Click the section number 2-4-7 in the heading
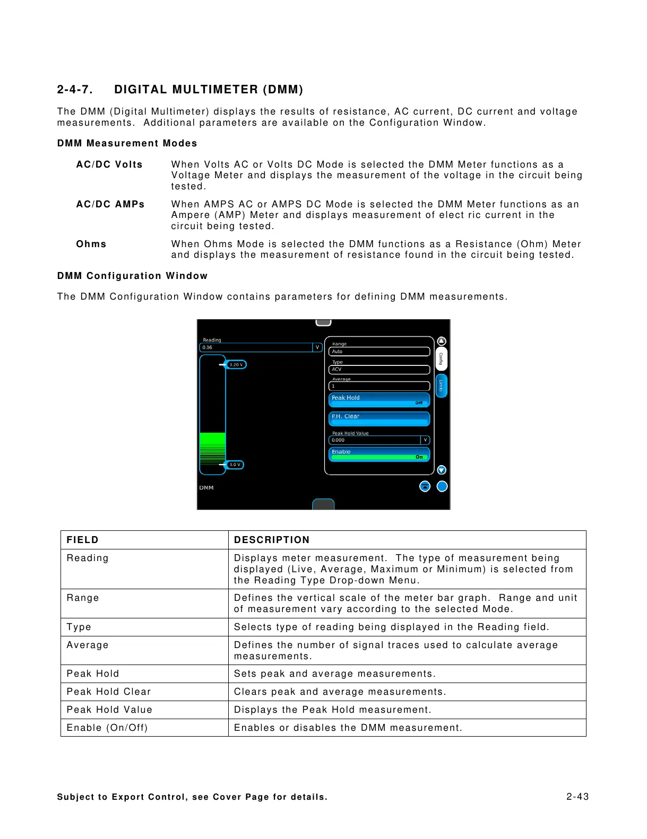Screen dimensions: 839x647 (75, 90)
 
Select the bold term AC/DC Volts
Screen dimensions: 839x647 (109, 164)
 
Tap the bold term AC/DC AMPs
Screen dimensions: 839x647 (110, 204)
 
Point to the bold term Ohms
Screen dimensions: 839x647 (91, 244)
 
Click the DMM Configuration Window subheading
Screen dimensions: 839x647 (132, 276)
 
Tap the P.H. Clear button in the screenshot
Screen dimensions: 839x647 (379, 418)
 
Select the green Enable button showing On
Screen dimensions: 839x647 (379, 455)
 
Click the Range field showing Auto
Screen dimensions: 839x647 (379, 352)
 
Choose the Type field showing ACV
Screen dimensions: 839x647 (379, 370)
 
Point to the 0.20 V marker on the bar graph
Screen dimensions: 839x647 (236, 365)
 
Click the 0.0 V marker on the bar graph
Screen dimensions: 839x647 (235, 465)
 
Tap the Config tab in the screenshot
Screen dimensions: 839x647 (441, 359)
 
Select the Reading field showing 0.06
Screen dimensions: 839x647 (256, 347)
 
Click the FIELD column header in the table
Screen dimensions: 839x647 (83, 540)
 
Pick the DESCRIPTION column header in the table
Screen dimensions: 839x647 (272, 540)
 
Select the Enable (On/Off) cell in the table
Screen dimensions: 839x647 (107, 728)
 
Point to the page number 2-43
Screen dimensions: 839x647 (577, 797)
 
